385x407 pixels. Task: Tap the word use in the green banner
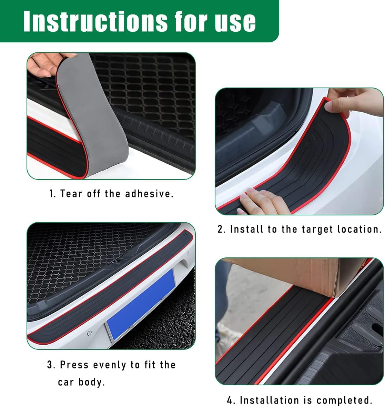[235, 21]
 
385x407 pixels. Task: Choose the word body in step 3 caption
[91, 382]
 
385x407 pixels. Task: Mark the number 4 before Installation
[230, 400]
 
